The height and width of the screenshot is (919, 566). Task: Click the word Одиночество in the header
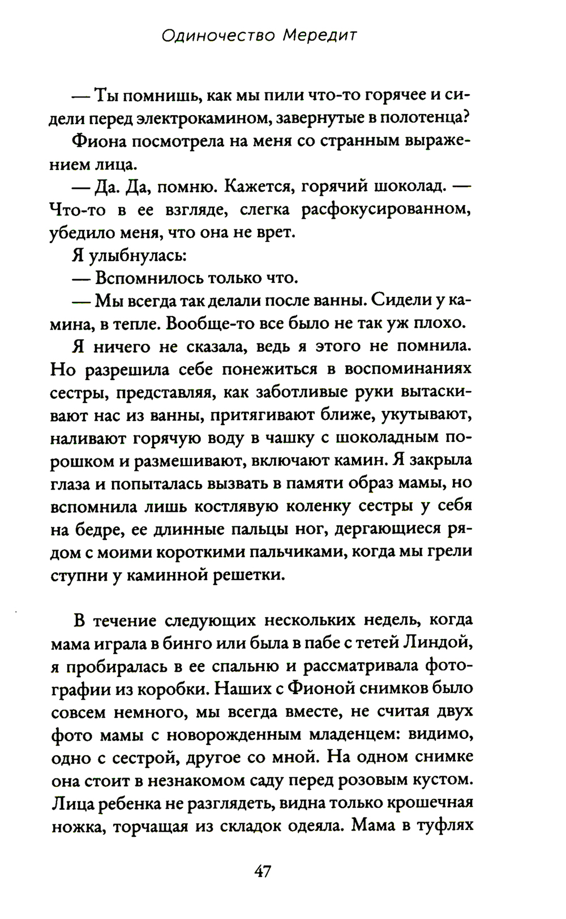(x=218, y=36)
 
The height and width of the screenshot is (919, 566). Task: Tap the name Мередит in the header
(x=320, y=36)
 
